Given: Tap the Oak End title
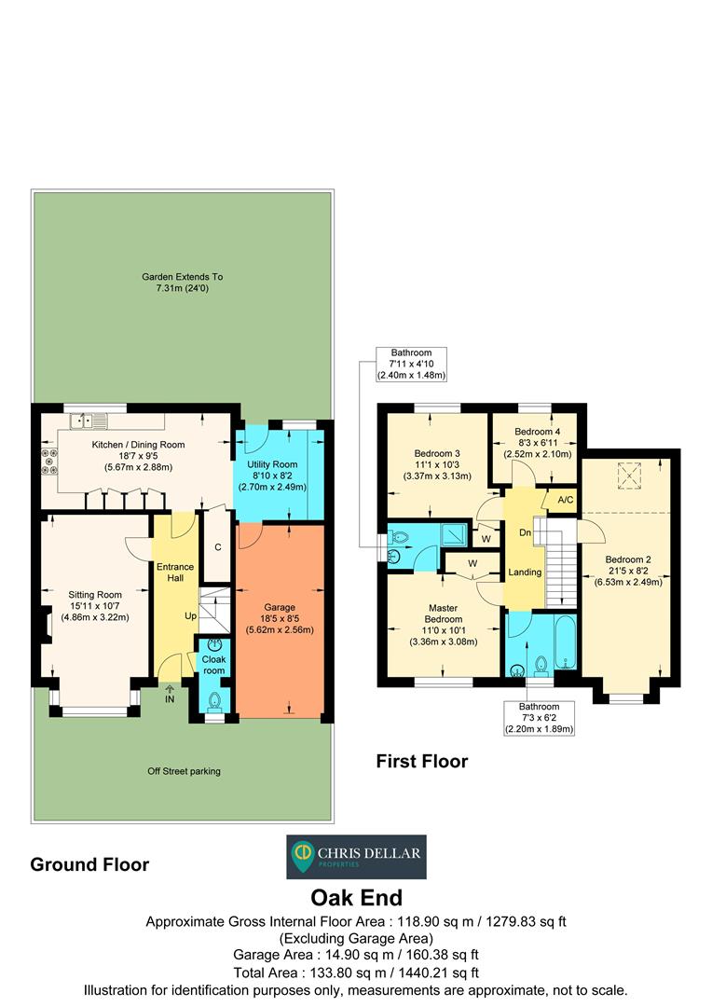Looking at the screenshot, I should [x=356, y=898].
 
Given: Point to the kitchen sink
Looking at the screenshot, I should [x=89, y=420].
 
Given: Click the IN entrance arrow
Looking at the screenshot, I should [x=170, y=694].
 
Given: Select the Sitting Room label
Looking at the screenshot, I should [x=95, y=604].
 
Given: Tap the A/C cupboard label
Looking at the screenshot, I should [x=565, y=500].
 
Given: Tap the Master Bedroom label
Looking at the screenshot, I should [x=443, y=624].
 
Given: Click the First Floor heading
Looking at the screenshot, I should [x=421, y=762].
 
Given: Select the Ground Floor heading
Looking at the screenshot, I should [x=89, y=864].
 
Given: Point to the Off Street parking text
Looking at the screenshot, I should [x=184, y=771].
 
